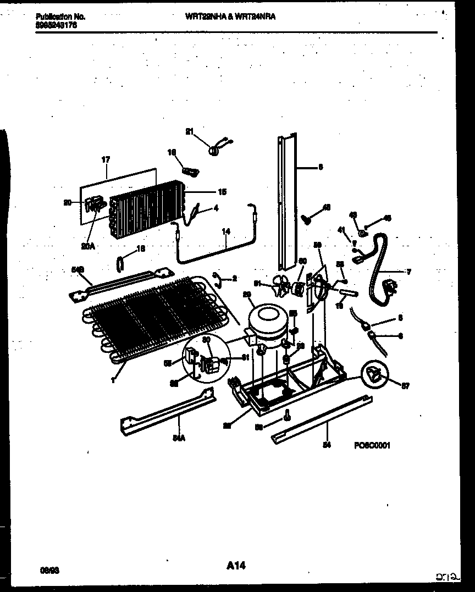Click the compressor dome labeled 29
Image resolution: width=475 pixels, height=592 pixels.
click(x=267, y=322)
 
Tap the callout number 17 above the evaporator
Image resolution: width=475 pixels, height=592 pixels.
click(x=106, y=160)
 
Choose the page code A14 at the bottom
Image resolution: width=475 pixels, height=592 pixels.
click(x=237, y=565)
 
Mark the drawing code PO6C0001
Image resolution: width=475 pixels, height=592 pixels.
click(x=372, y=446)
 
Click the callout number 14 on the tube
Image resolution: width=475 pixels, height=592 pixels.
click(x=225, y=231)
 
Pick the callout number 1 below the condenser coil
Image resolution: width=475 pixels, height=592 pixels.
click(x=113, y=379)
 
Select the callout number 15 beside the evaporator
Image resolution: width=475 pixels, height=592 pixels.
click(x=222, y=192)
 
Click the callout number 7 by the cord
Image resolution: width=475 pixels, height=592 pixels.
click(x=408, y=272)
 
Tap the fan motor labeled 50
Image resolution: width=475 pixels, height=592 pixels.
click(x=300, y=287)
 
